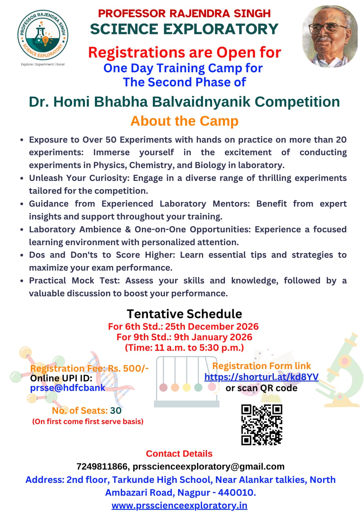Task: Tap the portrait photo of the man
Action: [330, 36]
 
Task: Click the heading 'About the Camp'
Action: [184, 121]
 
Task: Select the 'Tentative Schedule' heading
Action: [184, 314]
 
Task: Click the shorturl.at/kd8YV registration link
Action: [261, 377]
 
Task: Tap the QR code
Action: [262, 424]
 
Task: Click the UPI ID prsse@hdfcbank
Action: [68, 388]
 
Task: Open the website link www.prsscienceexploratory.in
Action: [179, 505]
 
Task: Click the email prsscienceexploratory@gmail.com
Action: [209, 466]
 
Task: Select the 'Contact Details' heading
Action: [179, 454]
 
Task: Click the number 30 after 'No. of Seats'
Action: [116, 411]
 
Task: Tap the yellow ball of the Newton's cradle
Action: [187, 387]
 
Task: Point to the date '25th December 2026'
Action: [212, 327]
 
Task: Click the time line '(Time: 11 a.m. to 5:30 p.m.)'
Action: [184, 348]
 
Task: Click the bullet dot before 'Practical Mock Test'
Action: [22, 281]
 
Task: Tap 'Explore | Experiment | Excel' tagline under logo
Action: [43, 64]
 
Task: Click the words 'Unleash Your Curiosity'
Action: [79, 178]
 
